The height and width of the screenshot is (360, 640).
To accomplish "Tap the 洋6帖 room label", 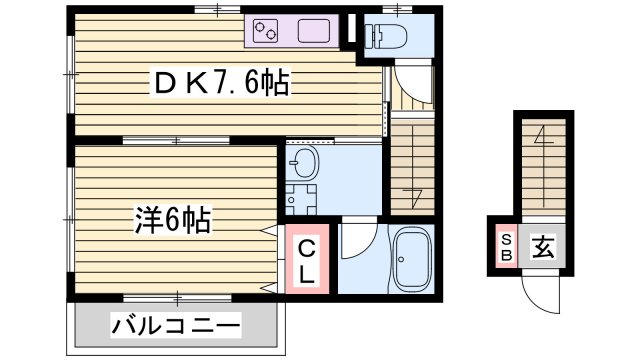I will (x=173, y=218).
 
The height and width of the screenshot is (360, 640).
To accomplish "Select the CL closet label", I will (x=308, y=260).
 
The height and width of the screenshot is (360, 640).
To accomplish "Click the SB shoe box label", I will (x=506, y=247).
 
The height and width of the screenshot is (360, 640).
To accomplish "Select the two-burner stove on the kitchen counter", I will (x=268, y=32).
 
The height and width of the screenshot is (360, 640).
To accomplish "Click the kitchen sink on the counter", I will (x=314, y=32).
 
